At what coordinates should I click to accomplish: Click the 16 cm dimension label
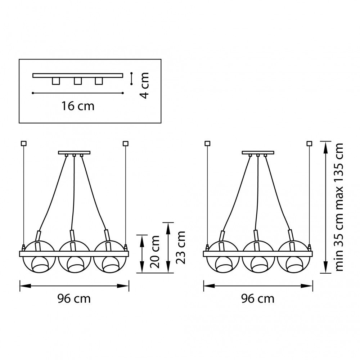coord(78,106)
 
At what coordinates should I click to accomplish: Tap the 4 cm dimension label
coord(144,85)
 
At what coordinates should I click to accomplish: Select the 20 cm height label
coord(155,252)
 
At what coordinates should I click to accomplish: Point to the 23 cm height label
coord(180,248)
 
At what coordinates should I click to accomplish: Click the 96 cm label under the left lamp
coord(74,299)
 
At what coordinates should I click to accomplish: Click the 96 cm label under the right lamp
coord(258,299)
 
